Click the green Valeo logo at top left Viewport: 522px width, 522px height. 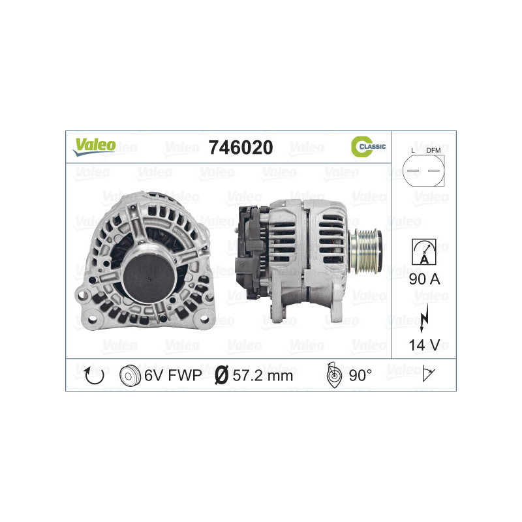pyautogui.click(x=94, y=146)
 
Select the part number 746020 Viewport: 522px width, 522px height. pyautogui.click(x=240, y=147)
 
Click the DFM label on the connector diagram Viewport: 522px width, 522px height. pyautogui.click(x=433, y=151)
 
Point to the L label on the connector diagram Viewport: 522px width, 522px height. pyautogui.click(x=412, y=151)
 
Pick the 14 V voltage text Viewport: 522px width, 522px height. pyautogui.click(x=423, y=345)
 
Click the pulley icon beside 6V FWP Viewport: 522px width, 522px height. pyautogui.click(x=131, y=375)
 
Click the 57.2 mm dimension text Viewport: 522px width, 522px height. pyautogui.click(x=264, y=375)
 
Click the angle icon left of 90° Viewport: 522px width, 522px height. pyautogui.click(x=333, y=375)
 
